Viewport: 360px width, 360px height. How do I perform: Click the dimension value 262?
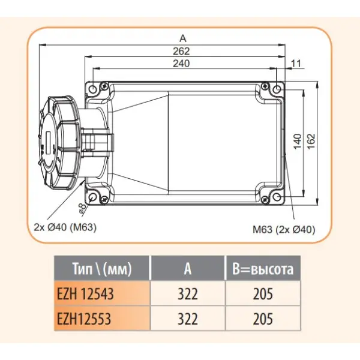tap(182, 51)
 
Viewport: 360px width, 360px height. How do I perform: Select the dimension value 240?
tap(182, 64)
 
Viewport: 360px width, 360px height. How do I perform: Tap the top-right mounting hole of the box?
tap(275, 89)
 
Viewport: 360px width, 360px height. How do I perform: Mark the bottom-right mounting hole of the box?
tap(275, 196)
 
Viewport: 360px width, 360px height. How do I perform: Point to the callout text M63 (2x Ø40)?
tap(281, 229)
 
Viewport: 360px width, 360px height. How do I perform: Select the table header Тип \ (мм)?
tap(101, 268)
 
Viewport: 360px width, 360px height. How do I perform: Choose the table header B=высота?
tap(263, 269)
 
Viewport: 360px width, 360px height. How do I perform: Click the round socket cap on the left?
tap(57, 141)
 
